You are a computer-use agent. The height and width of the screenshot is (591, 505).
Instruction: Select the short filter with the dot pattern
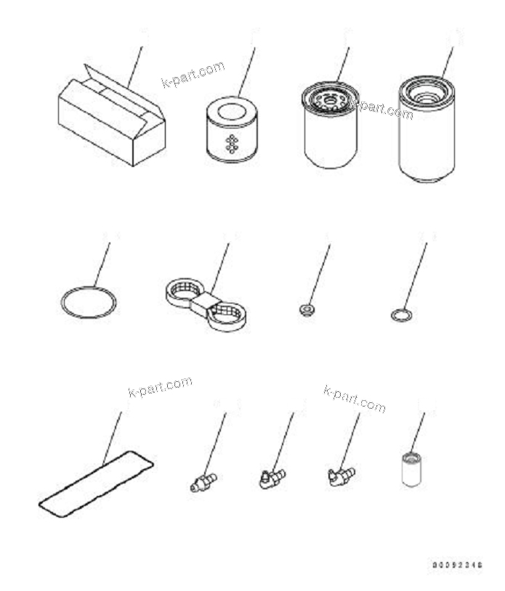pyautogui.click(x=231, y=130)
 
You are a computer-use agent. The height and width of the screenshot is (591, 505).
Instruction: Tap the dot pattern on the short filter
pyautogui.click(x=232, y=143)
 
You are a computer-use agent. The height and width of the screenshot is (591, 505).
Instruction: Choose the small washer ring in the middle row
pyautogui.click(x=400, y=314)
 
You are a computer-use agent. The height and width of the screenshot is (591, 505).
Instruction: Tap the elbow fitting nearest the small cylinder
pyautogui.click(x=339, y=476)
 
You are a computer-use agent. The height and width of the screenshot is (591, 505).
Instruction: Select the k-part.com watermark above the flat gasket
pyautogui.click(x=160, y=387)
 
